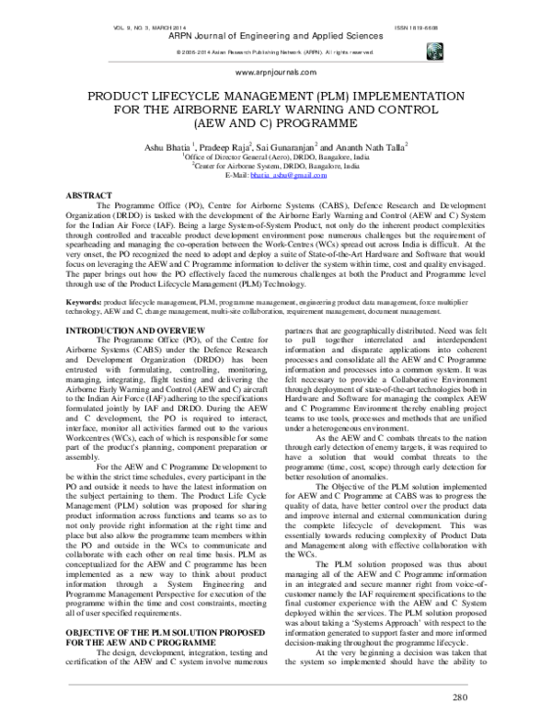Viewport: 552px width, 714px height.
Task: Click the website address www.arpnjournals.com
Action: click(x=275, y=71)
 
